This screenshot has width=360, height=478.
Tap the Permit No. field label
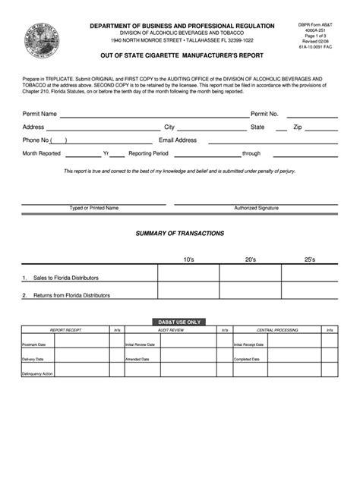(x=265, y=114)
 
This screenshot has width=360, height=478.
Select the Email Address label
(x=178, y=140)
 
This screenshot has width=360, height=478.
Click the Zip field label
(x=298, y=127)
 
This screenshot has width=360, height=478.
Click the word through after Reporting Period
(x=251, y=153)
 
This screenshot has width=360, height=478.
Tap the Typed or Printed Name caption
(x=94, y=207)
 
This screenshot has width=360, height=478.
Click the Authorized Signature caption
(x=256, y=207)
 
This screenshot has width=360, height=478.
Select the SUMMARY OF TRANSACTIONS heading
(x=180, y=234)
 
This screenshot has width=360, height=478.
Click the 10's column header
(x=188, y=259)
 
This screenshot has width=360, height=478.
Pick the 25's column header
(x=310, y=259)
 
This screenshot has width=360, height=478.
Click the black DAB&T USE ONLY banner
(x=179, y=322)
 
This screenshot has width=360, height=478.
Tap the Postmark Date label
(x=34, y=344)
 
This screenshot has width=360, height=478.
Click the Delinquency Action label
(x=37, y=373)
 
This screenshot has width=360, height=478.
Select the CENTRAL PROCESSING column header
(x=276, y=331)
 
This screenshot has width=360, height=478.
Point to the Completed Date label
(x=247, y=359)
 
